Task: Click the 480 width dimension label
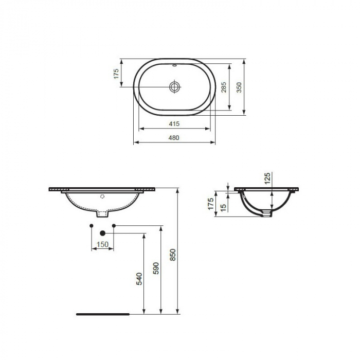(x=174, y=137)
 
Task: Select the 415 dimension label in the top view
(x=174, y=123)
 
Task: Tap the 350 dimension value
(x=239, y=87)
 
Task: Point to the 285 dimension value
(x=223, y=87)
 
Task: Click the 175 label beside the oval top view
(x=116, y=74)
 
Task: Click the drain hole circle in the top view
(x=175, y=87)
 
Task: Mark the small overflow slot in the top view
(x=175, y=66)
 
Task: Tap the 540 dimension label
(x=138, y=278)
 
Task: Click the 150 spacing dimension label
(x=102, y=245)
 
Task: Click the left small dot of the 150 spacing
(x=91, y=226)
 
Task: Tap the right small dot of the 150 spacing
(x=113, y=226)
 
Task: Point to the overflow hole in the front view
(x=102, y=196)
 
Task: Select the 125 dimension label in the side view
(x=268, y=178)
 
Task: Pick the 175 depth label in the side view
(x=210, y=204)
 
